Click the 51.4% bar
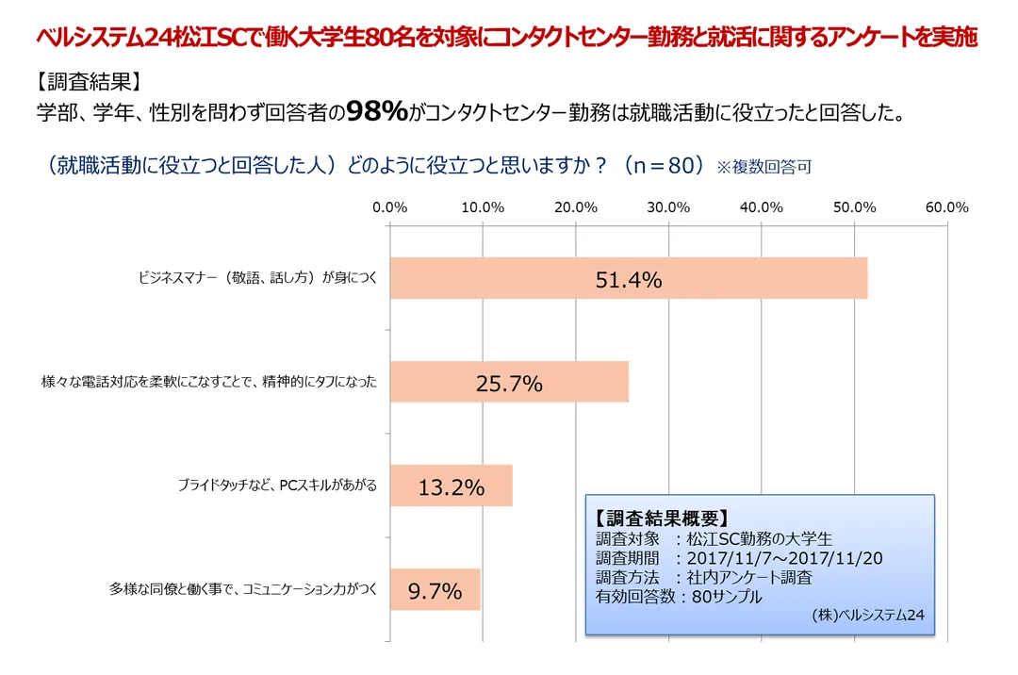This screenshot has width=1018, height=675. pos(628,279)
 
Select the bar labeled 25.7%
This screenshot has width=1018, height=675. pos(509,383)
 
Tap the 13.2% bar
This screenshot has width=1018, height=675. pos(451,486)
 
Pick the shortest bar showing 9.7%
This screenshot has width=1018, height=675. pos(435,590)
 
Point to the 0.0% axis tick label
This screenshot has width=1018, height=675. pos(389,207)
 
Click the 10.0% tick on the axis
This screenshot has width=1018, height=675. pos(483,207)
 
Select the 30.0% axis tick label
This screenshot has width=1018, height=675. pos(668,207)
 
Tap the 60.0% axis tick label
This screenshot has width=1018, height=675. pos(947,207)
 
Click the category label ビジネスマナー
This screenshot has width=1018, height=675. pos(256,279)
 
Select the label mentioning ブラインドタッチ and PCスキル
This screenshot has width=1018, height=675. pos(277,486)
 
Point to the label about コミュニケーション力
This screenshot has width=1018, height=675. pos(243,590)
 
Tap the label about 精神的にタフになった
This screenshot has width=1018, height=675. pos(208,383)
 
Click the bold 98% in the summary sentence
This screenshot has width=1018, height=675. pos(377,112)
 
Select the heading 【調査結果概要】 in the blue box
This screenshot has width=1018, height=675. pos(661,519)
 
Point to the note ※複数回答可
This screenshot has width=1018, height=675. pos(764,168)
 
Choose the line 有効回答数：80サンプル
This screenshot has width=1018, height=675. pos(679,596)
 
